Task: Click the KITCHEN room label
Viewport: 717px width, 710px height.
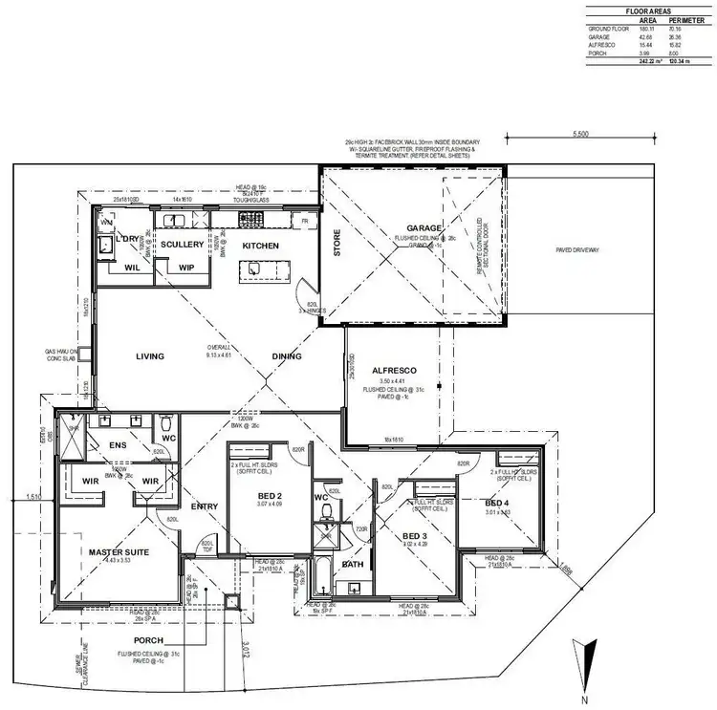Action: (x=260, y=246)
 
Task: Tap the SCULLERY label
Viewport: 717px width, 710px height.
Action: (x=183, y=245)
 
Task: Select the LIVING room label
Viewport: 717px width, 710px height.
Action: (x=149, y=356)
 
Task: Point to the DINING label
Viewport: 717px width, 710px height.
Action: (x=287, y=356)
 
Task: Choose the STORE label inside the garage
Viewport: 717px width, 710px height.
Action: (x=337, y=246)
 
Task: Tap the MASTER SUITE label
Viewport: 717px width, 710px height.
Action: (x=116, y=552)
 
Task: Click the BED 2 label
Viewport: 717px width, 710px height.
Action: (x=270, y=496)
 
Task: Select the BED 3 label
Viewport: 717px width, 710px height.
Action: (x=415, y=536)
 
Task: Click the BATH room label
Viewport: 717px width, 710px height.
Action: (x=354, y=565)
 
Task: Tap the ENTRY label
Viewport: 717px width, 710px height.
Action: (x=204, y=506)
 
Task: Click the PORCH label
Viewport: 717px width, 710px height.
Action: (x=149, y=640)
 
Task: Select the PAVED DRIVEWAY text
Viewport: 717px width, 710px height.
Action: (x=577, y=250)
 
